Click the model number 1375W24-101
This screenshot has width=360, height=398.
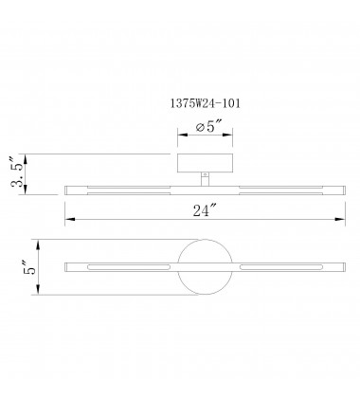[x=206, y=103]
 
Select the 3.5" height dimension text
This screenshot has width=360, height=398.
[x=18, y=172]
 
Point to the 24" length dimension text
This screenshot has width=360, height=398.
[x=206, y=210]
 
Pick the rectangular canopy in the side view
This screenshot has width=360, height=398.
[x=205, y=163]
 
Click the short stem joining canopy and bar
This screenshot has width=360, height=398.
[x=205, y=179]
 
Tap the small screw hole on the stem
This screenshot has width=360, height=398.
[x=205, y=174]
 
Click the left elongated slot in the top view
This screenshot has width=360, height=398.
[x=129, y=267]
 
